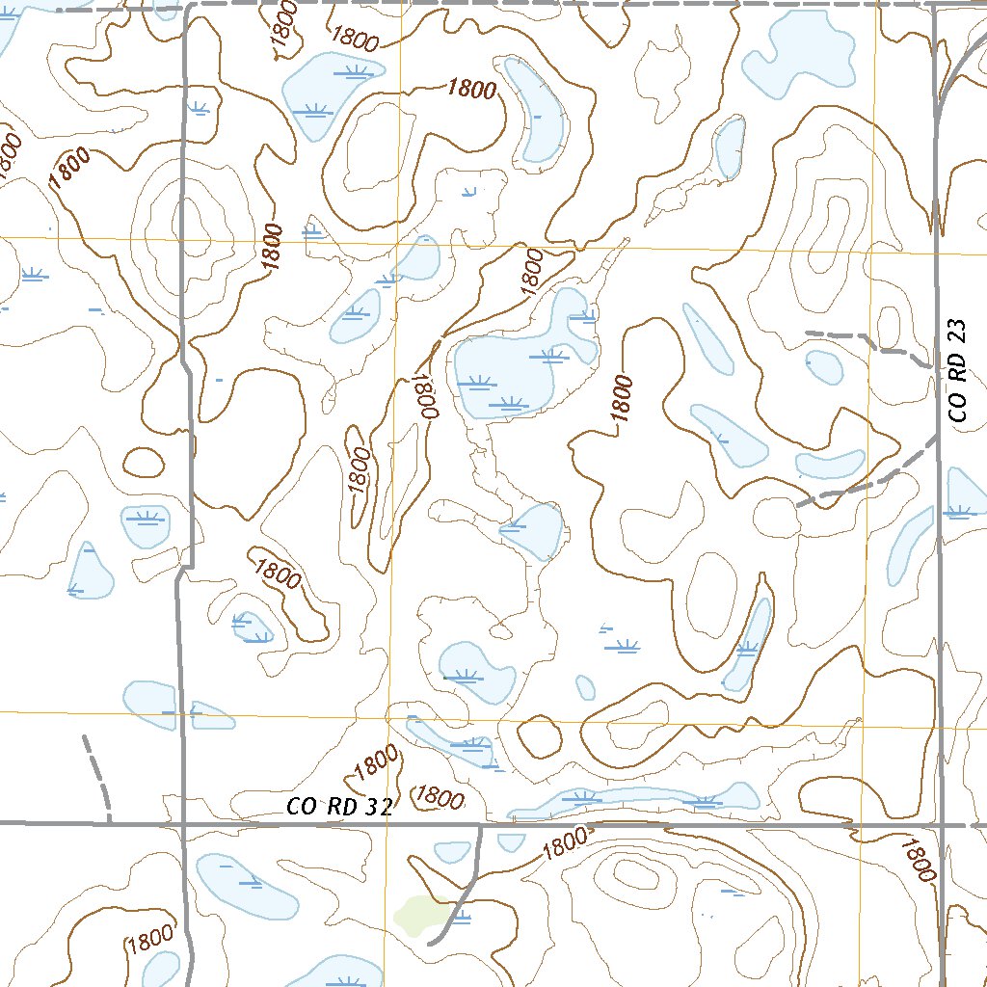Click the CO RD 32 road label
coord(339,807)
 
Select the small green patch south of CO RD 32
coord(420,912)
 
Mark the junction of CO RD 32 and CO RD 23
coord(940,825)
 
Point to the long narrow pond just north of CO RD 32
coord(636,798)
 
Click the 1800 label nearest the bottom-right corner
coord(917,858)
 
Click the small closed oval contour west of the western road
coord(145,462)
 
